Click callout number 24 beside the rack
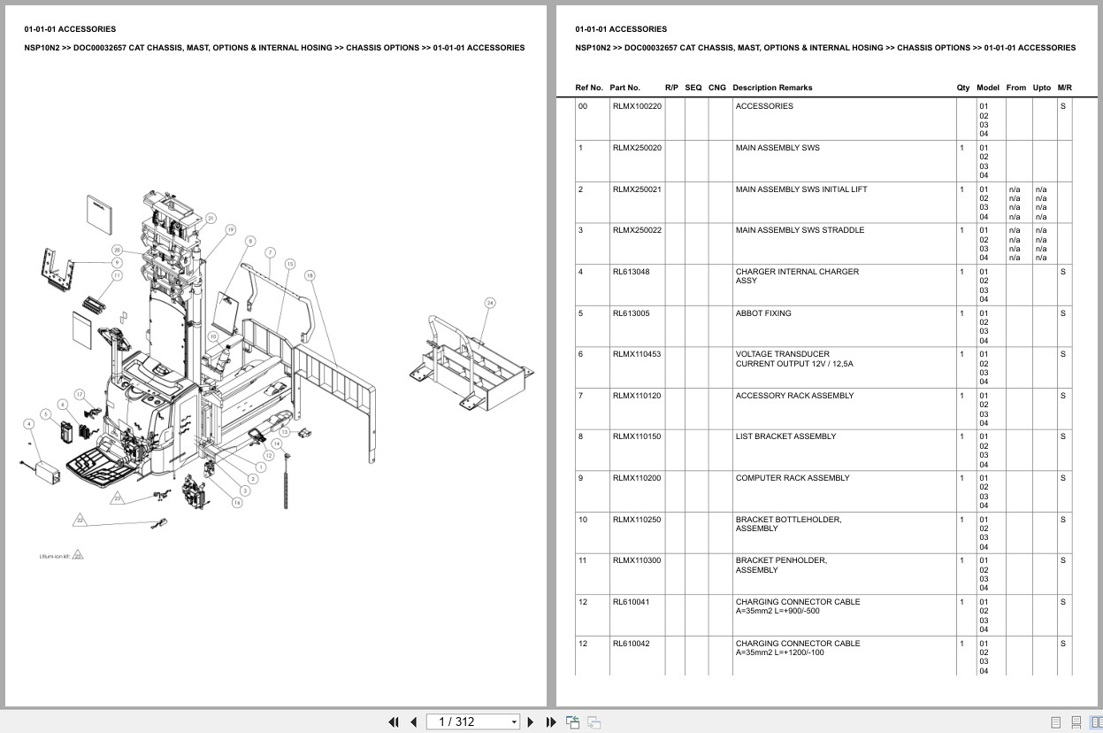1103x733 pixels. tap(490, 303)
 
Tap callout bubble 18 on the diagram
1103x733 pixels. tap(310, 275)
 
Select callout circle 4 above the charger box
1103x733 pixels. tap(29, 424)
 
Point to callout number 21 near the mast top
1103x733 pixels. tap(211, 218)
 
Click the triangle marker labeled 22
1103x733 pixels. tap(80, 520)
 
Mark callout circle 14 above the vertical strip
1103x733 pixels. tap(277, 443)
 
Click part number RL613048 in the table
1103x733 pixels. tap(631, 272)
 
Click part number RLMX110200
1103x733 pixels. tap(636, 478)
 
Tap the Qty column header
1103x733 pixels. tap(962, 88)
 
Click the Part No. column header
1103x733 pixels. tap(624, 88)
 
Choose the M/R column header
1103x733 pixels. tap(1064, 88)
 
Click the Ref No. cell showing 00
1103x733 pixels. tap(582, 106)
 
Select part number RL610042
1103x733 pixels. tap(631, 644)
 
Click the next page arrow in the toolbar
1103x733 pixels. tap(531, 721)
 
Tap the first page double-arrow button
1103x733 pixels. tap(394, 721)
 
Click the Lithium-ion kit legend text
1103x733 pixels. tap(55, 556)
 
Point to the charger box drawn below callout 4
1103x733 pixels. tap(44, 473)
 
